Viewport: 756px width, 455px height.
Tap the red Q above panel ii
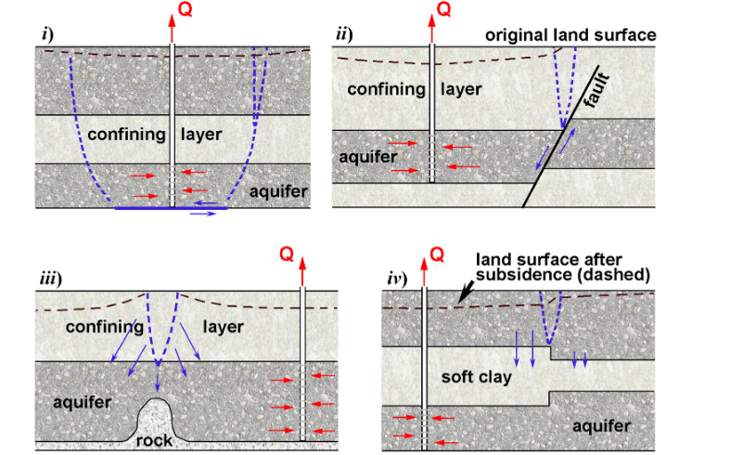[444, 10]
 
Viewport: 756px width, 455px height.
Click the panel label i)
[46, 35]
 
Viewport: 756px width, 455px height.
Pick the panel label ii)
[343, 35]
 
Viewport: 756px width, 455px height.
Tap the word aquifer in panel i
[280, 191]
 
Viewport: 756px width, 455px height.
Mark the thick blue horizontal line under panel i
[170, 209]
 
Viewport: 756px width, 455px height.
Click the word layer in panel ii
[460, 89]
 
